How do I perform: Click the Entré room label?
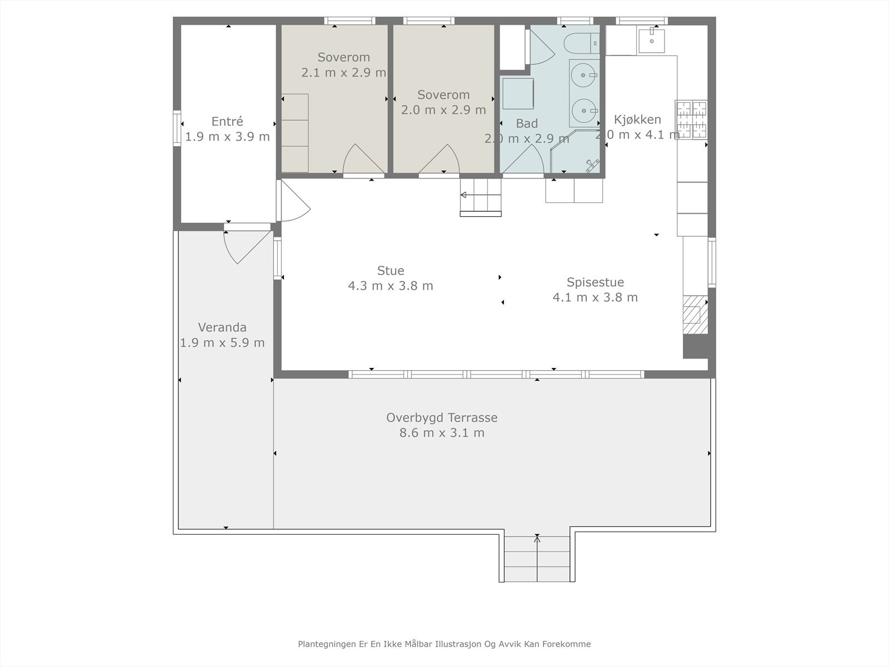click(x=227, y=121)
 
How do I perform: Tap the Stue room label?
click(x=391, y=271)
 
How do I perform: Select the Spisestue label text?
click(x=595, y=282)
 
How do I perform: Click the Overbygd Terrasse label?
click(x=442, y=417)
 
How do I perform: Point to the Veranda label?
click(x=222, y=327)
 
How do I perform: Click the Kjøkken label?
click(x=637, y=120)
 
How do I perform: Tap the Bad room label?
click(x=527, y=123)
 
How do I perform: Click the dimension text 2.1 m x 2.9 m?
click(x=343, y=72)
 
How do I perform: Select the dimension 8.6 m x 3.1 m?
click(x=442, y=432)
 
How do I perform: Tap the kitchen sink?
click(x=651, y=39)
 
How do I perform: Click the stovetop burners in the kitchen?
click(x=691, y=119)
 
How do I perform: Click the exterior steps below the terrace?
click(x=537, y=558)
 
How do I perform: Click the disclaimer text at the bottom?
click(x=444, y=644)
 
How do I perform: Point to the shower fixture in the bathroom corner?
click(x=592, y=163)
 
